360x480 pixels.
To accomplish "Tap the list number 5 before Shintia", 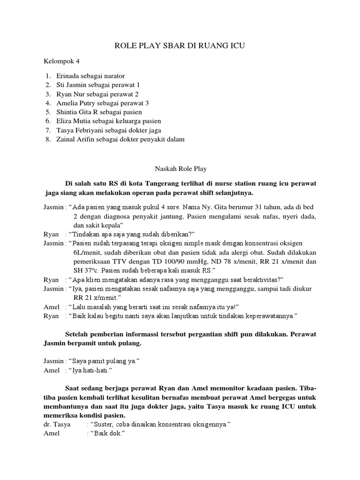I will pos(48,112).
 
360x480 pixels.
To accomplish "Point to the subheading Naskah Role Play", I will pos(180,167).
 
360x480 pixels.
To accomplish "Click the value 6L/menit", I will pos(90,252).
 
